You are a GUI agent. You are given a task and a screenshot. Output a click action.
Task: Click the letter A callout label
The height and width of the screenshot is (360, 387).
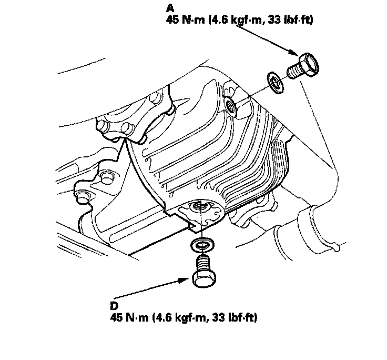coord(170,8)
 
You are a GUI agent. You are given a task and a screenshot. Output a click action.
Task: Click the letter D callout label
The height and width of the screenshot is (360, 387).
coord(114,306)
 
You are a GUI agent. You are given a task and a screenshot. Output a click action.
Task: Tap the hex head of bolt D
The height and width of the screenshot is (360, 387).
coord(204,279)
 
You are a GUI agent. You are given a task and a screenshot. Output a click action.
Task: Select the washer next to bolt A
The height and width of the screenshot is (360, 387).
coord(276,83)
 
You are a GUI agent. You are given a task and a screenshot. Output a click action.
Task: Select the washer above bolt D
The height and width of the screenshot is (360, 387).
coord(202,245)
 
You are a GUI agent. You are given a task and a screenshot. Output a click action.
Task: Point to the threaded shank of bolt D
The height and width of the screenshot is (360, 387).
coord(203,264)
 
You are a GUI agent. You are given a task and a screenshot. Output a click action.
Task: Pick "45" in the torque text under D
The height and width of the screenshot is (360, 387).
coord(116,317)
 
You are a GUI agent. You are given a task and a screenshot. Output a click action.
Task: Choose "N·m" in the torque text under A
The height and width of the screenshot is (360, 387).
coord(193,20)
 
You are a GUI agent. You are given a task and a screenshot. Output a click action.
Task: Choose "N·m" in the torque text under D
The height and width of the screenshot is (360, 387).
coord(137,317)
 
